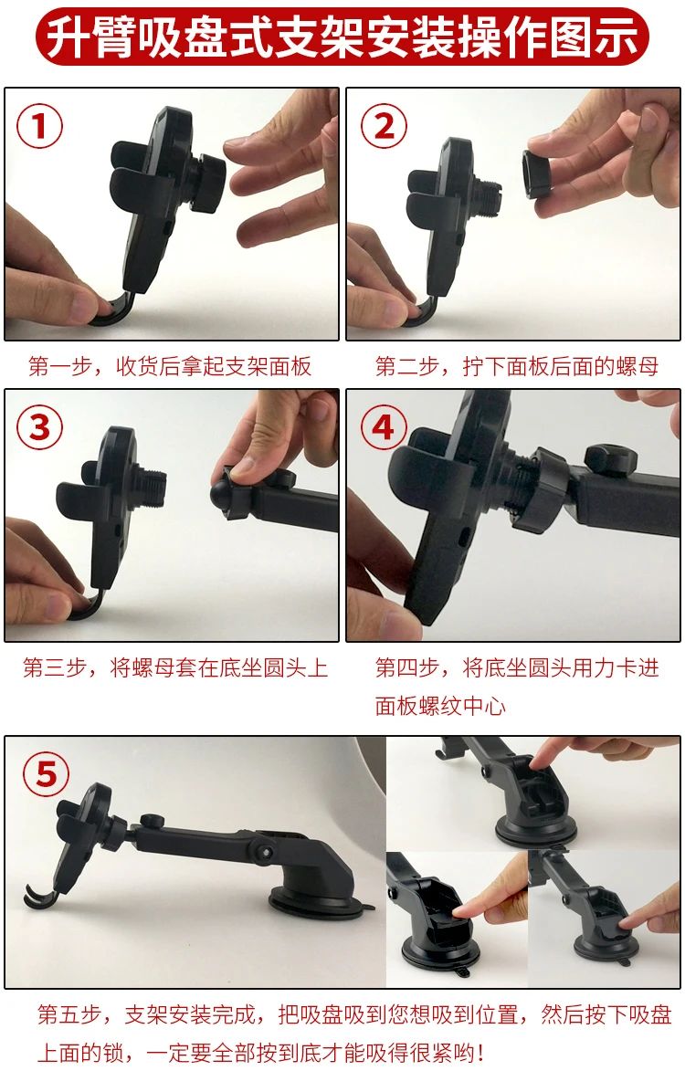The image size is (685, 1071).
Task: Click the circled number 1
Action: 39,126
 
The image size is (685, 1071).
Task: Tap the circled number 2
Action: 385,126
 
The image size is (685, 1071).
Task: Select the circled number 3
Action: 39,427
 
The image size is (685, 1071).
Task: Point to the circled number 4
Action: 384,427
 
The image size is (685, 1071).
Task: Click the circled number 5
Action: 47,774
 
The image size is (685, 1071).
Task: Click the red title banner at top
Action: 342,36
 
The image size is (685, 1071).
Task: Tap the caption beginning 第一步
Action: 170,367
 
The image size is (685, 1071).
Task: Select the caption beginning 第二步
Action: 517,367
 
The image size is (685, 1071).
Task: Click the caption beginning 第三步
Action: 175,667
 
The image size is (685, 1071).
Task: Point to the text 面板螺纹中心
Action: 440,706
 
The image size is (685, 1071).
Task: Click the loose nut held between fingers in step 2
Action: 539,173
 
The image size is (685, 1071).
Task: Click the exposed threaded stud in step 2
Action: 488,195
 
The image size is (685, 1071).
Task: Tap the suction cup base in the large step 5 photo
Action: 320,900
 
